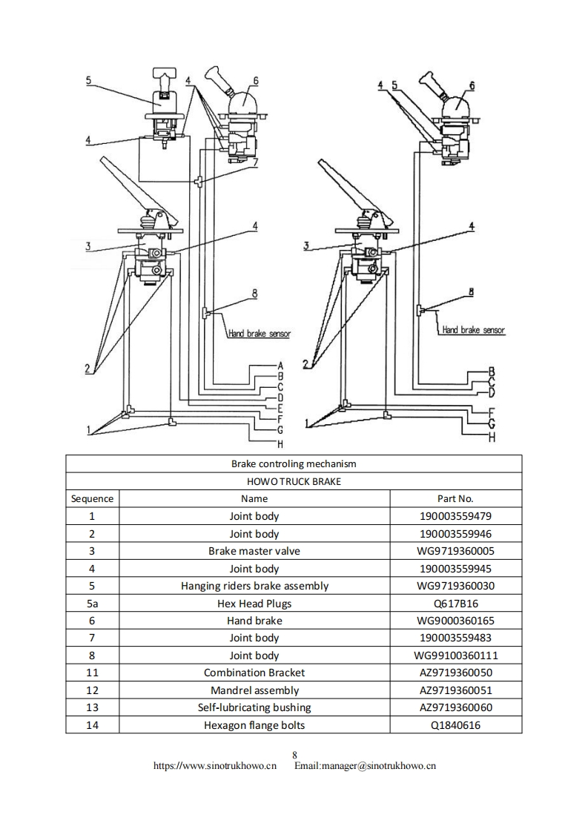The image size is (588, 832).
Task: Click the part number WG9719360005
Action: click(455, 551)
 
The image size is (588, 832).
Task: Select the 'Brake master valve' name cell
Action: click(254, 551)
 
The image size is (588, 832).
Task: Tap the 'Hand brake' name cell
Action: click(254, 621)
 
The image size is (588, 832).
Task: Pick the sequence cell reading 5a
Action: click(92, 604)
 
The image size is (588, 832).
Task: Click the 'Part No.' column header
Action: click(455, 498)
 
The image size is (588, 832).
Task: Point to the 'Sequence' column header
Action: click(92, 498)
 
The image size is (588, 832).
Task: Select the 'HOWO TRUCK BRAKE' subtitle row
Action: click(294, 481)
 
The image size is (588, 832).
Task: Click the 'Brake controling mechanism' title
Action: click(294, 463)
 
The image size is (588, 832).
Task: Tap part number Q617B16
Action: click(455, 604)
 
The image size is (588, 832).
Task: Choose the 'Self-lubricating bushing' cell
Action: click(254, 707)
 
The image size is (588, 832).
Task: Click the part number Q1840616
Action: click(455, 725)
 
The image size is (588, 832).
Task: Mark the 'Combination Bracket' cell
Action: click(254, 673)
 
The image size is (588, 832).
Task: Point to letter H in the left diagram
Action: click(281, 445)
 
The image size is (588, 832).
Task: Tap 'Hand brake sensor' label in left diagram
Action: click(259, 334)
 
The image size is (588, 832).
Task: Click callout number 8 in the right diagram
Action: click(470, 292)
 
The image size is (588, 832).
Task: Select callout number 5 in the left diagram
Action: click(88, 80)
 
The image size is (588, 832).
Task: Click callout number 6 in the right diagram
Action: click(472, 86)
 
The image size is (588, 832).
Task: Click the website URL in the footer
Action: click(214, 766)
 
